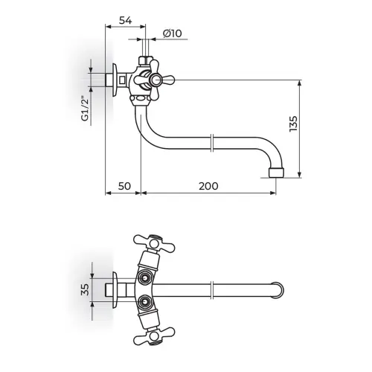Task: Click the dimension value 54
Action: (126, 20)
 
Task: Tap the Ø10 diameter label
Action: (173, 33)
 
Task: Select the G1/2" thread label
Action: (85, 109)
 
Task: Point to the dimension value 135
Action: (293, 124)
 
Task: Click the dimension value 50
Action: (124, 186)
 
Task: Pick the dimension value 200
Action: (208, 186)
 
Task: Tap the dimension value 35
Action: (85, 289)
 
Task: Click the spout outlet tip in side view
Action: (276, 173)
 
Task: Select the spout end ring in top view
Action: (278, 290)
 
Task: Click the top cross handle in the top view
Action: (154, 243)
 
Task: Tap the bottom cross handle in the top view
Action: (154, 336)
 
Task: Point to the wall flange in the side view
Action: (115, 80)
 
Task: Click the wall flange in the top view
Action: (115, 290)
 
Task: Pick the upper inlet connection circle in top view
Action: (144, 278)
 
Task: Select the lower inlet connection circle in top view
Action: (144, 302)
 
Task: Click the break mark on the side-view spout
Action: (212, 143)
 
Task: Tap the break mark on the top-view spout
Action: (212, 290)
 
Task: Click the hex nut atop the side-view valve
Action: (145, 60)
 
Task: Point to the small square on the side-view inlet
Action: (123, 80)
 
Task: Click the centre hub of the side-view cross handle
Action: (156, 80)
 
